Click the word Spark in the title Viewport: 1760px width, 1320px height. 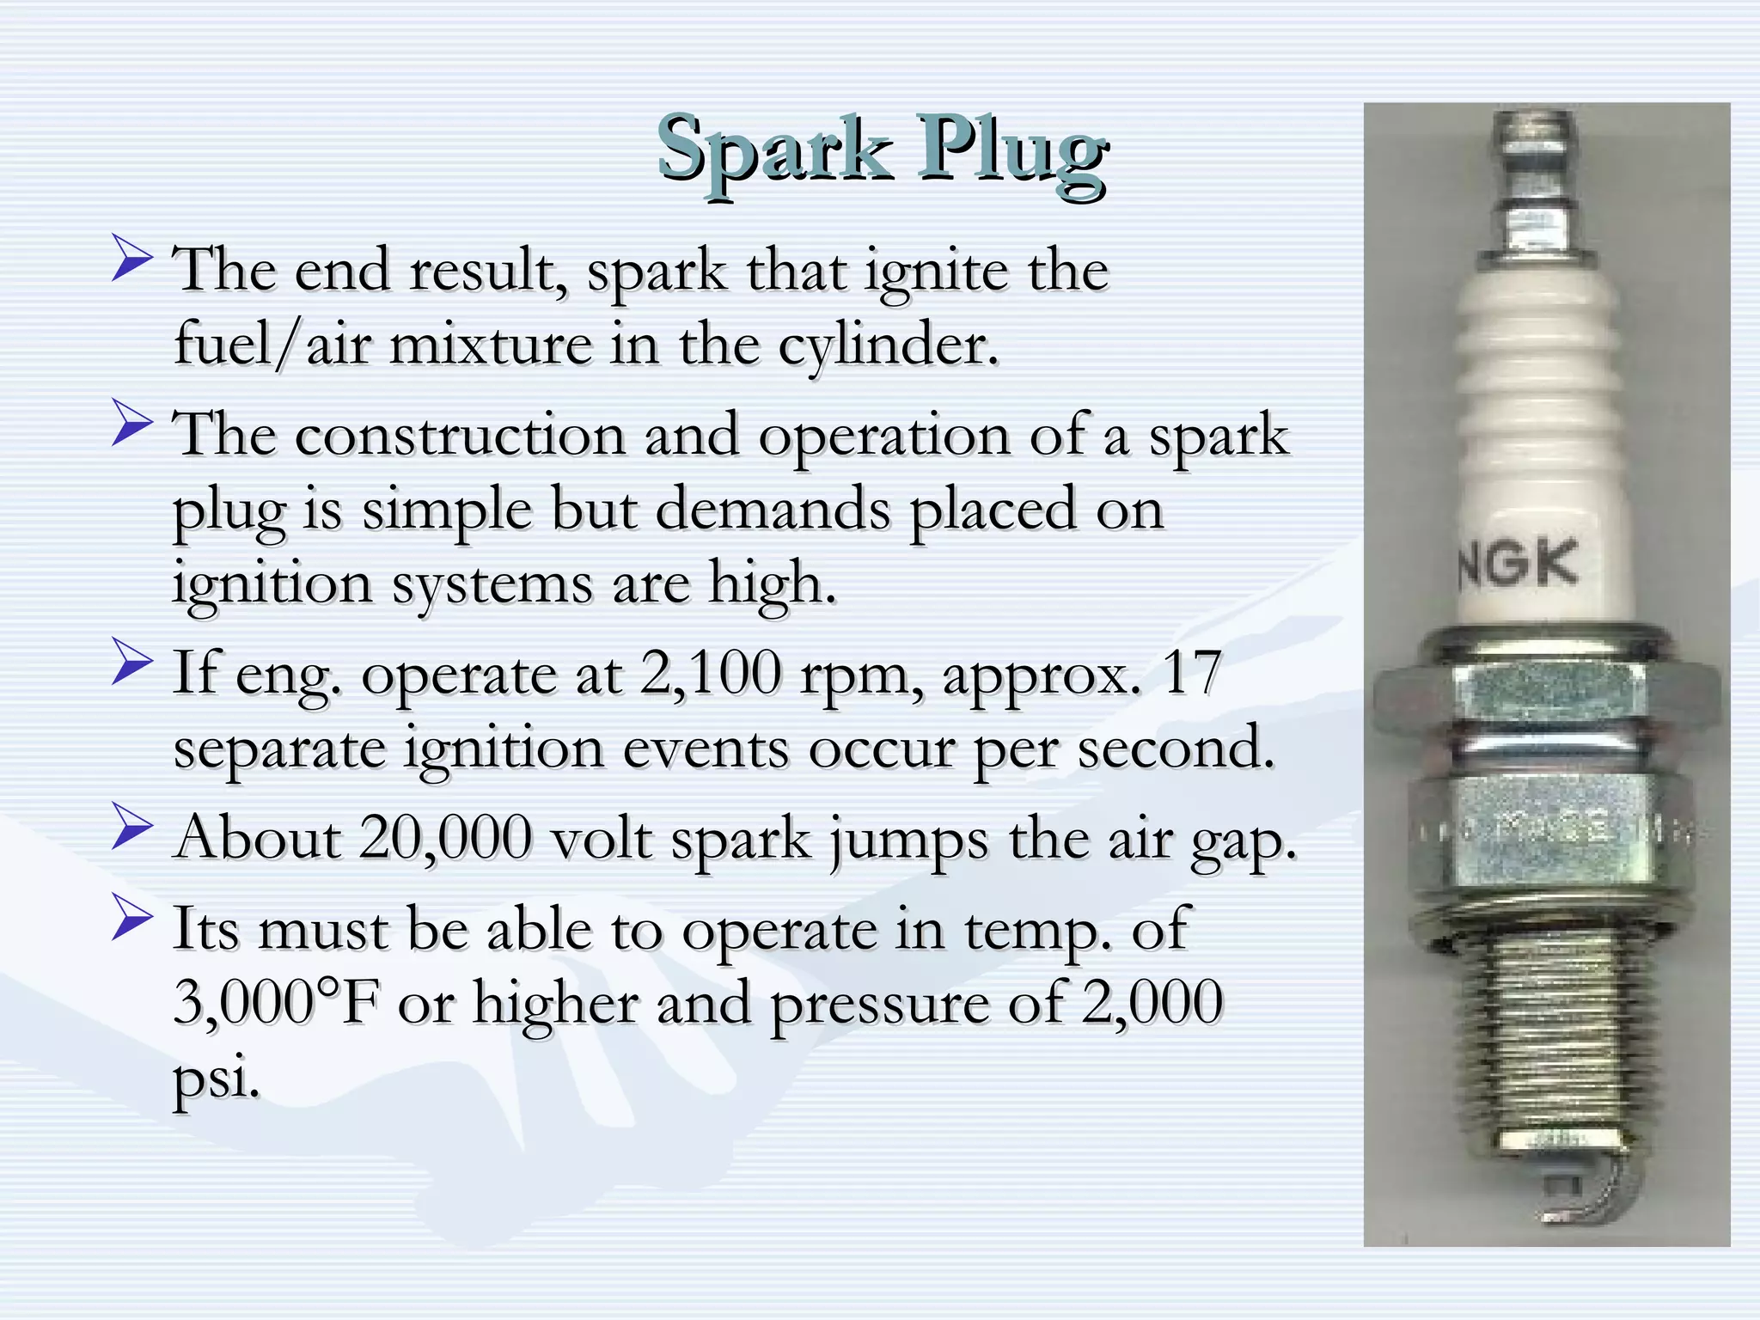tap(773, 150)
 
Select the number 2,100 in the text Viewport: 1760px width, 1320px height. tap(711, 673)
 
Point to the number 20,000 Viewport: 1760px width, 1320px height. tap(445, 837)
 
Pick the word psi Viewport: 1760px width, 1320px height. tap(215, 1077)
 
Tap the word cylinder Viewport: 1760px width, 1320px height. tap(889, 345)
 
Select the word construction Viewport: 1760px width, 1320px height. tap(460, 435)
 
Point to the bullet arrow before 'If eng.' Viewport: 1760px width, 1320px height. tap(131, 665)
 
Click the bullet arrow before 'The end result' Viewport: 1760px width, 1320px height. tap(131, 260)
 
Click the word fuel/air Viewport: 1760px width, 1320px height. tap(273, 345)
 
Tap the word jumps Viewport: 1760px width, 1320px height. tap(909, 839)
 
